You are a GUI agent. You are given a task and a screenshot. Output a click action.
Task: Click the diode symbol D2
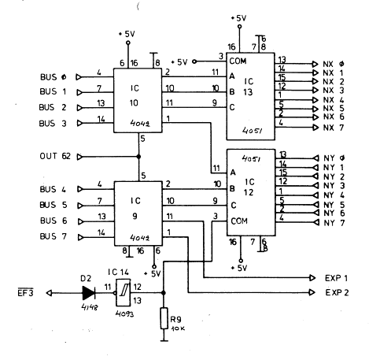(x=89, y=293)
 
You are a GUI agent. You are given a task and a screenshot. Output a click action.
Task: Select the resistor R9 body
(x=164, y=318)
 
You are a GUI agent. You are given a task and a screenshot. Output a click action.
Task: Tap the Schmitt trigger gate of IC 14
(x=124, y=293)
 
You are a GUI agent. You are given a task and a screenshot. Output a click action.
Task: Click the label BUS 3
(x=53, y=124)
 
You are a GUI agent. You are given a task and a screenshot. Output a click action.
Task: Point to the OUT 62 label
(x=55, y=156)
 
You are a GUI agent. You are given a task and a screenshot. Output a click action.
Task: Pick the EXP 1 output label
(x=336, y=278)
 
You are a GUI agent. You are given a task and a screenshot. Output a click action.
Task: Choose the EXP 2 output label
(x=337, y=292)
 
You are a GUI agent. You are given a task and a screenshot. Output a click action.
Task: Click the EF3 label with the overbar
(x=25, y=292)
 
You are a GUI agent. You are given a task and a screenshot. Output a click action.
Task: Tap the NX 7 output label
(x=334, y=128)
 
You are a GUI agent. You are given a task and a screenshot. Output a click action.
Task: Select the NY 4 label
(x=334, y=195)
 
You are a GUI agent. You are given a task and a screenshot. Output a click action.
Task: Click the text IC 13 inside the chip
(x=249, y=87)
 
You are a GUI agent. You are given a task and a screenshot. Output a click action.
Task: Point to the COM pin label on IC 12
(x=239, y=221)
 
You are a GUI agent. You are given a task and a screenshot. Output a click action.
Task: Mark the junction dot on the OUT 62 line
(x=138, y=157)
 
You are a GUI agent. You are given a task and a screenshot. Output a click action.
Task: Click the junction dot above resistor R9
(x=163, y=293)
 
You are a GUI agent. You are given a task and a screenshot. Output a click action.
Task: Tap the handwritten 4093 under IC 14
(x=124, y=314)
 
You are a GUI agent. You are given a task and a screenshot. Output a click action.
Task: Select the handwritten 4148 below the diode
(x=90, y=306)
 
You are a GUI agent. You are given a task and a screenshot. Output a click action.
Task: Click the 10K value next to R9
(x=178, y=328)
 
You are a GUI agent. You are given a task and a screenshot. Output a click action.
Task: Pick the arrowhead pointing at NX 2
(x=315, y=81)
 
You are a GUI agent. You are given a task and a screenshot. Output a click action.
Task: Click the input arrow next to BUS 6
(x=81, y=221)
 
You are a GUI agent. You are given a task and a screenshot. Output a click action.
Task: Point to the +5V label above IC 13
(x=238, y=18)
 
